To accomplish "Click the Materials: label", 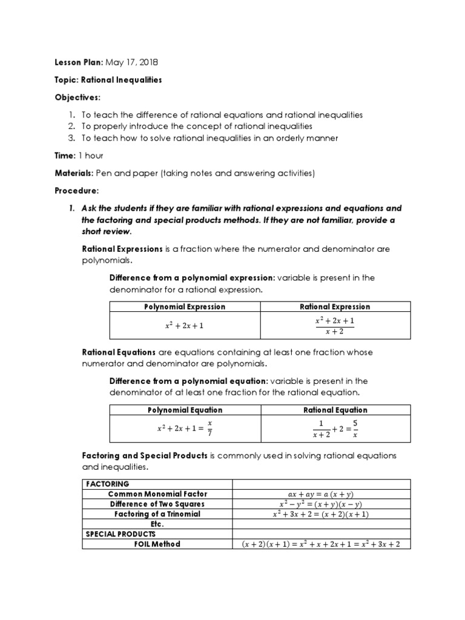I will coord(74,173).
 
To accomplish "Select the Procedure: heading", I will coord(77,191).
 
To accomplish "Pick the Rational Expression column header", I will coord(335,307).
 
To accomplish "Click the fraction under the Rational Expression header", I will coord(335,325).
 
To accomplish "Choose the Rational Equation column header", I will coord(335,411).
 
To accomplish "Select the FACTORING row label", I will coord(108,484).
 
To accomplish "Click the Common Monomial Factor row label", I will coord(156,494).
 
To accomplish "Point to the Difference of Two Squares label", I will coord(157,504).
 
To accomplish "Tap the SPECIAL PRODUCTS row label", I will coord(121,534).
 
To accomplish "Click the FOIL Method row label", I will coord(157,544).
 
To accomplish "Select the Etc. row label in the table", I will coord(157,524).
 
